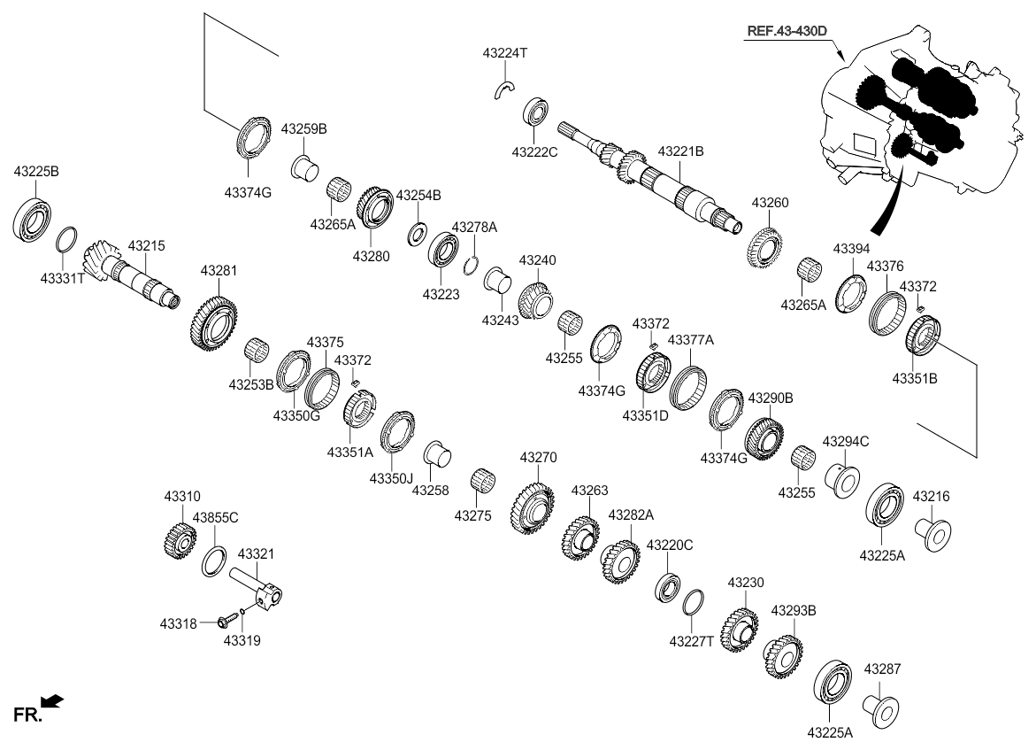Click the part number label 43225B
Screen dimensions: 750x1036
pos(36,170)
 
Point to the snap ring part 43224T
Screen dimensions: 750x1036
pos(504,89)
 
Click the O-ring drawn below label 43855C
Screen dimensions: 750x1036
pos(213,561)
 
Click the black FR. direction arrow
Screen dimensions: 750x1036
pos(53,702)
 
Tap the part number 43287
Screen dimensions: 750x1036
pos(882,669)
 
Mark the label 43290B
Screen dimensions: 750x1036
pos(771,398)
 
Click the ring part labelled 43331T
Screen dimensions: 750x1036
pos(66,240)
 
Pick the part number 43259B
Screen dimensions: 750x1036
pos(304,128)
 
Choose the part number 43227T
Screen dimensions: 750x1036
pos(691,641)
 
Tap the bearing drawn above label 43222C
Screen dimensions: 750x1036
pos(537,111)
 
